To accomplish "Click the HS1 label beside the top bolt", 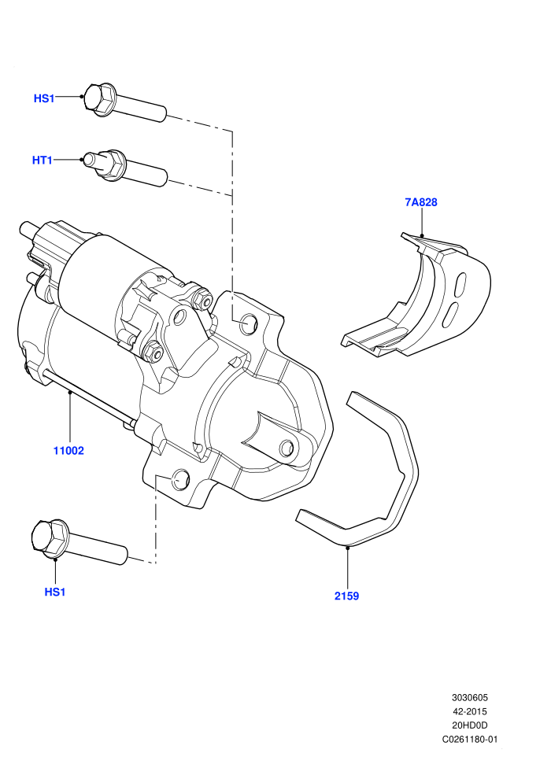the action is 44,98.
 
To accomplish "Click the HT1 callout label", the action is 43,160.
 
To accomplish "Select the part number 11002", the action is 68,451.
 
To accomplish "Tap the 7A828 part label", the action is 421,202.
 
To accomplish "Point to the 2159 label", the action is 347,596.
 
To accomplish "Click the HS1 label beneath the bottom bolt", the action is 55,592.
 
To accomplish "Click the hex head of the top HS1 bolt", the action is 98,98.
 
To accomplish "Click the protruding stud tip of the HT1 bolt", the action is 91,160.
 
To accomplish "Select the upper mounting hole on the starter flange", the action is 248,324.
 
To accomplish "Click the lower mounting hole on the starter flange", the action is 180,478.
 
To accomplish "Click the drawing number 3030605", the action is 469,697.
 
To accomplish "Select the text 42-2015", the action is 469,711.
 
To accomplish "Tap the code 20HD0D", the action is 469,725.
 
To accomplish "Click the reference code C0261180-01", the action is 469,739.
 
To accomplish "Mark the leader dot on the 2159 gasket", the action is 348,547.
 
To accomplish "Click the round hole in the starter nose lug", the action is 287,448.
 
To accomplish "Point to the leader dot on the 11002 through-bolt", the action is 70,393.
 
